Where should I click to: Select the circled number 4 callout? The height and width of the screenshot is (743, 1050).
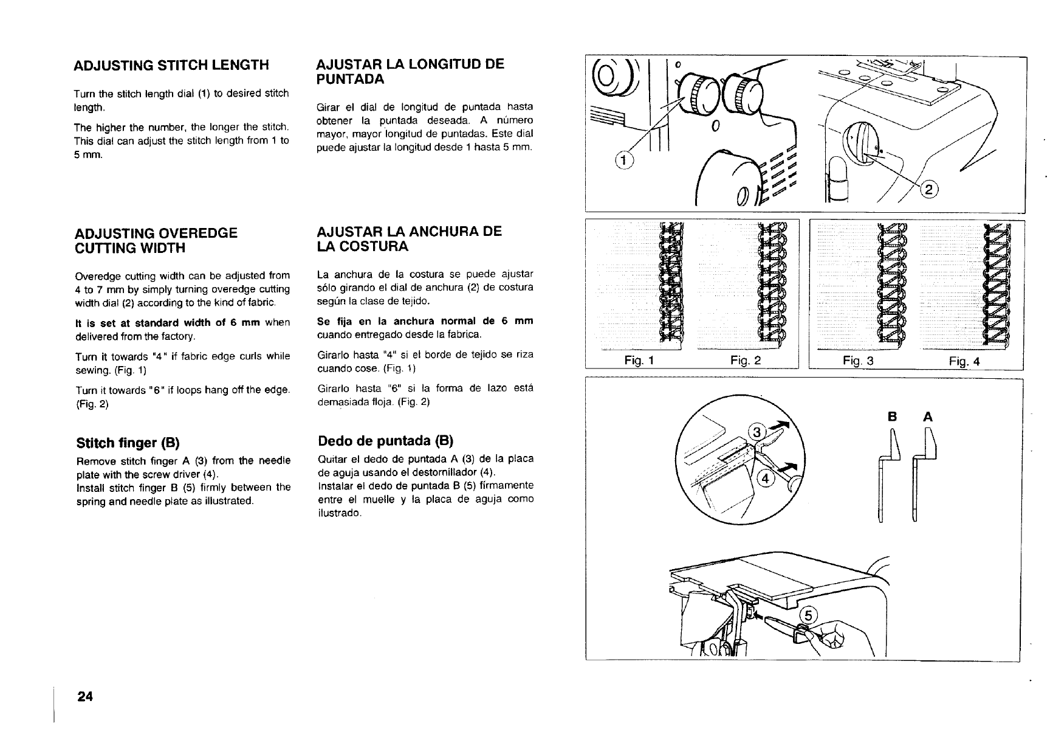[766, 478]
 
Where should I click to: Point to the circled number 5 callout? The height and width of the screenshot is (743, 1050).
[808, 615]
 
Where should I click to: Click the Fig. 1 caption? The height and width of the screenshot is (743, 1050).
[639, 361]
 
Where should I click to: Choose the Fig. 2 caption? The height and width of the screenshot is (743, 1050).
[746, 361]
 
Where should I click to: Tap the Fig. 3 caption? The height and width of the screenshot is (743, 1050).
[858, 362]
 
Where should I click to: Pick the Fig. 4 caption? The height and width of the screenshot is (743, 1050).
[964, 362]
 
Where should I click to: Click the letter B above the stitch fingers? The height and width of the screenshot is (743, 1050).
[893, 416]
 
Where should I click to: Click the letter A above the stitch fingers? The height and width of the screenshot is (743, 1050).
[927, 416]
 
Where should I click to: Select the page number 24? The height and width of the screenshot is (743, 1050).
[84, 697]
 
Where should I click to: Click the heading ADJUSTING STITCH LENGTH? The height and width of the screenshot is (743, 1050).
[171, 65]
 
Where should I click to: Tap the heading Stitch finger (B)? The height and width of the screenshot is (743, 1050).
[128, 441]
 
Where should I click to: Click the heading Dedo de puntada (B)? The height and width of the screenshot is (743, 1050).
[386, 440]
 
